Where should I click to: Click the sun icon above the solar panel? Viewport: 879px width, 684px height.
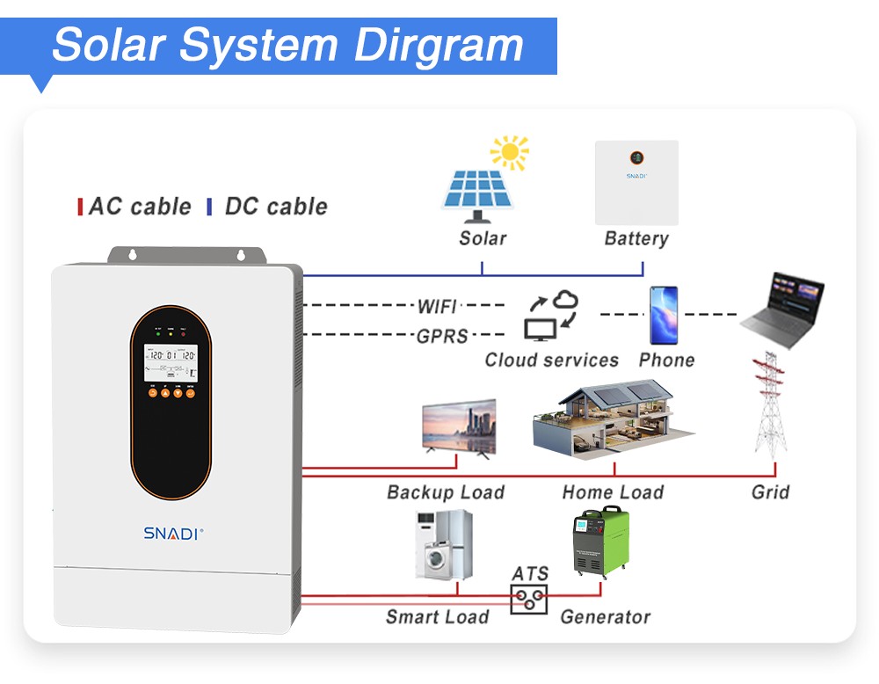coord(510,153)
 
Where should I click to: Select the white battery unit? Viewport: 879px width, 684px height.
coord(636,183)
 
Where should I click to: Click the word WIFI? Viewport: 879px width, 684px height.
coord(437,306)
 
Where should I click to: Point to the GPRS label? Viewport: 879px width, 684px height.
coord(442,335)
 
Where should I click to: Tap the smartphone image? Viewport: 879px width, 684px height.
coord(664,315)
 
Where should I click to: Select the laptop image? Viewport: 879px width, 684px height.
coord(781,310)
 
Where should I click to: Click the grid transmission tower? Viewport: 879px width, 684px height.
coord(770,405)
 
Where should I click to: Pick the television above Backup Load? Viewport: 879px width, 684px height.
coord(459,427)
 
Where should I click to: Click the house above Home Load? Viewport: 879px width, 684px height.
coord(614,420)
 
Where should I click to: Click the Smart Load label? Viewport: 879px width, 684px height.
coord(437,617)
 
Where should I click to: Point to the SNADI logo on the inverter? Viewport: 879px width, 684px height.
coord(173,533)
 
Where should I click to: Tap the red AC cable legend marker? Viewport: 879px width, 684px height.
coord(81,207)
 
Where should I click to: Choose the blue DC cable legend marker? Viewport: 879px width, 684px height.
coord(209,207)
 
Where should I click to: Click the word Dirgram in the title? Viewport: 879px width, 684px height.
coord(439,45)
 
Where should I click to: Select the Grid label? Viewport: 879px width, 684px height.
coord(770,492)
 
